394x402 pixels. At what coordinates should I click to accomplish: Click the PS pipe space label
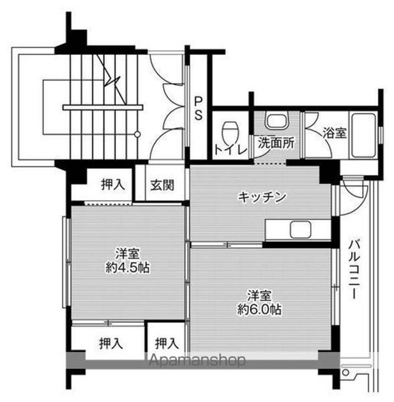pos(198,106)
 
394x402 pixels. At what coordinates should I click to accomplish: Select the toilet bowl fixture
pos(230,133)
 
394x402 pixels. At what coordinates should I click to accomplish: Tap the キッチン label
pos(262,197)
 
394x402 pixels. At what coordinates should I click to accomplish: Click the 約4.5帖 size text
pos(128,267)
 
